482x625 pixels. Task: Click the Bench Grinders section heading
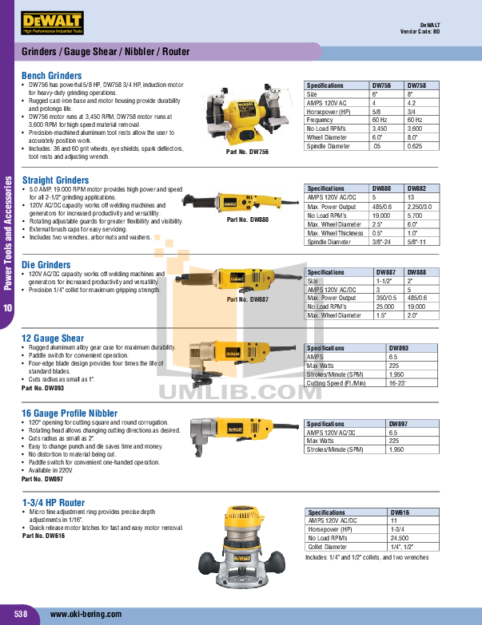click(x=52, y=76)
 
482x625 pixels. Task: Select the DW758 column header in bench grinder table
click(x=418, y=85)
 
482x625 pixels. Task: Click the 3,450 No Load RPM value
click(x=380, y=128)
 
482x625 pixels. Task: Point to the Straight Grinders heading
click(x=55, y=180)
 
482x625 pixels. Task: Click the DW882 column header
click(x=418, y=189)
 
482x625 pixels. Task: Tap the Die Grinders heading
click(x=46, y=264)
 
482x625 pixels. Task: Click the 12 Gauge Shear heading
click(x=53, y=338)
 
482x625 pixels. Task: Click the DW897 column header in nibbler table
click(x=400, y=424)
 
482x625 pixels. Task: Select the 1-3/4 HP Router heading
click(x=54, y=502)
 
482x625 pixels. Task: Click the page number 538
click(x=21, y=614)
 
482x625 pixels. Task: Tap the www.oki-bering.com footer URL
click(x=86, y=614)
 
